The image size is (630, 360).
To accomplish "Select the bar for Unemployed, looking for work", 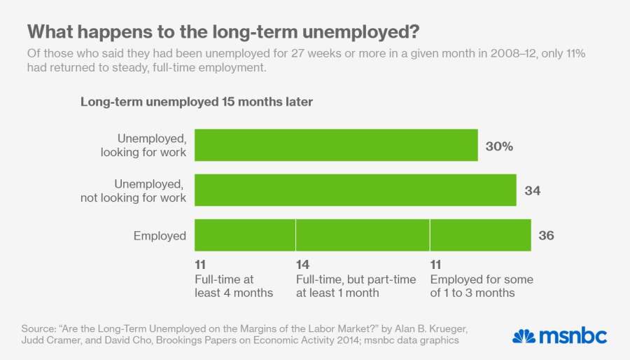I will pos(336,146).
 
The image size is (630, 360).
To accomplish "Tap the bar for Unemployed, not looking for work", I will pos(355,190).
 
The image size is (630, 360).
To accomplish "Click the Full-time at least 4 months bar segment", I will pos(244,235).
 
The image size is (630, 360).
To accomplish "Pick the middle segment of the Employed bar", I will pos(363,235).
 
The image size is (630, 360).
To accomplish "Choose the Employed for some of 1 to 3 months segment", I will pos(480,235).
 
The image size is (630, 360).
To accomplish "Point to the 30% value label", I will pos(499,146).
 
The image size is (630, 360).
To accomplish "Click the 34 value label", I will pos(533,191).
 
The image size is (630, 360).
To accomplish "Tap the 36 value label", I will pos(547,235).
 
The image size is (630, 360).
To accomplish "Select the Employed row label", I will pos(160,236).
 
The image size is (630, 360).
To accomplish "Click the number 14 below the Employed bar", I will pos(302,265).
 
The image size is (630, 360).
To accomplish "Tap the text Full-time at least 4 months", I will pos(234,286).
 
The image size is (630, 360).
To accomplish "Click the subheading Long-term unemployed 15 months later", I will pos(196,102).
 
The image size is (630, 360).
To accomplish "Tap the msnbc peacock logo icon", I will pos(524,335).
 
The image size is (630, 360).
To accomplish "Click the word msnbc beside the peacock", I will pos(572,335).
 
